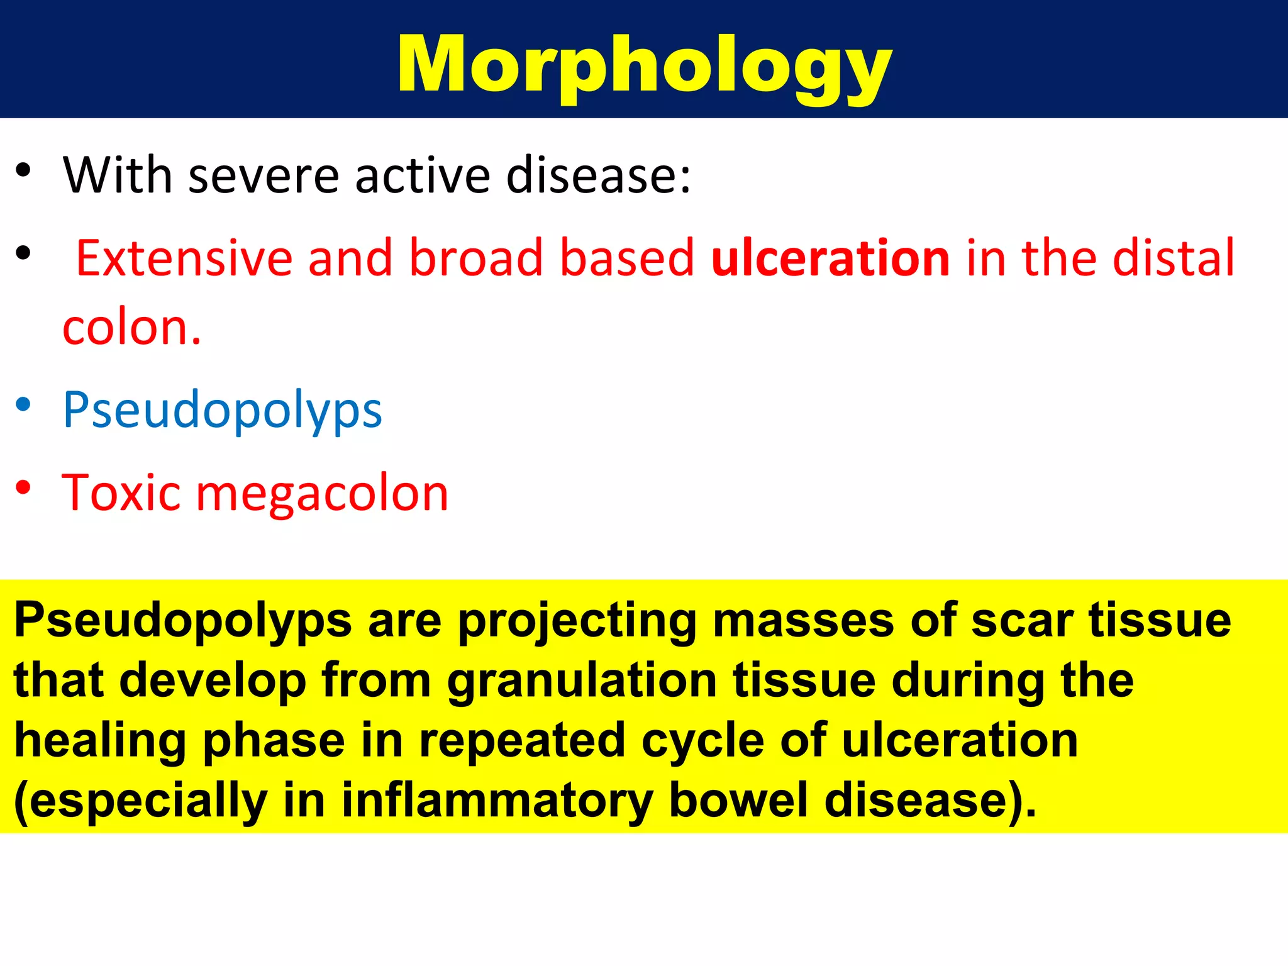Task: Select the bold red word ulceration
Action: (x=830, y=258)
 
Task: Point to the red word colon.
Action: (x=131, y=328)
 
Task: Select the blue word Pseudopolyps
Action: (x=222, y=410)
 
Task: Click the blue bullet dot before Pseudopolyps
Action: (x=23, y=404)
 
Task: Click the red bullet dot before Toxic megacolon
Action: (x=23, y=487)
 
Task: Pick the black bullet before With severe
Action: (x=23, y=170)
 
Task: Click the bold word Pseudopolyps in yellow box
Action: (x=182, y=621)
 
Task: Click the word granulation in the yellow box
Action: (x=582, y=682)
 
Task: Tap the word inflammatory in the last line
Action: (x=497, y=801)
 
